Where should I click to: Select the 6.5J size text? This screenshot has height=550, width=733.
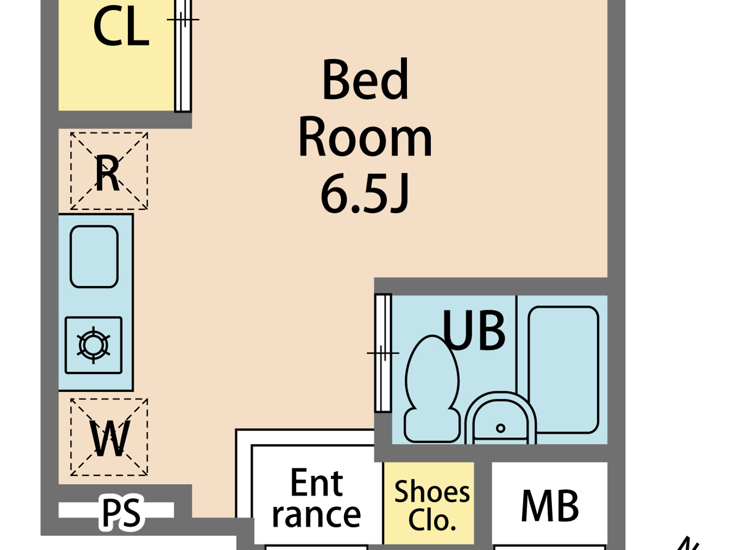point(365,194)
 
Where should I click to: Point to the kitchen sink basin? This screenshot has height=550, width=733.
point(94,257)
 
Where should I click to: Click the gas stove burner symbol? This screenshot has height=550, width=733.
point(94,345)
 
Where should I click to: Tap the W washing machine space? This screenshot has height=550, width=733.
point(109,437)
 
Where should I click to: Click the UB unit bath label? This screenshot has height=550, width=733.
point(474,331)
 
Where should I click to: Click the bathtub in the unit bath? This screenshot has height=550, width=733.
point(563,369)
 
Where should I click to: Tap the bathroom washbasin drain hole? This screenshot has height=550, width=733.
point(501,428)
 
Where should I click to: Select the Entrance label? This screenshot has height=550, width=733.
point(316,498)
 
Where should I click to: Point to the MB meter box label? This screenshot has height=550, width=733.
point(550,506)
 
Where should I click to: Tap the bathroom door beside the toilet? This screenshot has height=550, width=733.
point(383,353)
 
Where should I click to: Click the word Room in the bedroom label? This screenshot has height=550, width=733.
point(365,137)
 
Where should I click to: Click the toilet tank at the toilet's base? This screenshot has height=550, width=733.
point(432,425)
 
